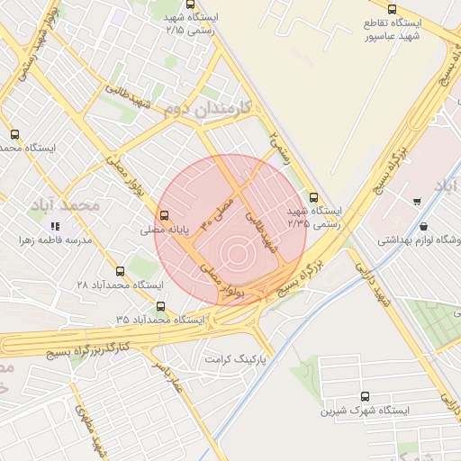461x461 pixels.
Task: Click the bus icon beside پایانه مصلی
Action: coord(163,215)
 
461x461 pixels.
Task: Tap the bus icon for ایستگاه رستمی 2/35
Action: coord(313,198)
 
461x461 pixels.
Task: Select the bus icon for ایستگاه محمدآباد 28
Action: coord(121,270)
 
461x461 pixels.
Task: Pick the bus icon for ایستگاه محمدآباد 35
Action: coord(161,306)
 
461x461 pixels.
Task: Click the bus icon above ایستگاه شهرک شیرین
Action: coord(365,396)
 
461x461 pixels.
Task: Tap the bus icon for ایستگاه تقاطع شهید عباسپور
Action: coord(391,9)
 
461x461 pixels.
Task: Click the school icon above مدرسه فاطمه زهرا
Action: coord(55,227)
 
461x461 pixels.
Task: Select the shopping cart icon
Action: coord(416,201)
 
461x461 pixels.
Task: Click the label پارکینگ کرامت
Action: coord(237,358)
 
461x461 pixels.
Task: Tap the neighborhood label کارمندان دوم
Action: coord(207,108)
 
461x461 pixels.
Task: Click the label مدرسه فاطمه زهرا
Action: coord(57,241)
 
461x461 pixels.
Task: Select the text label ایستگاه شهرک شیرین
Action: coord(365,410)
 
